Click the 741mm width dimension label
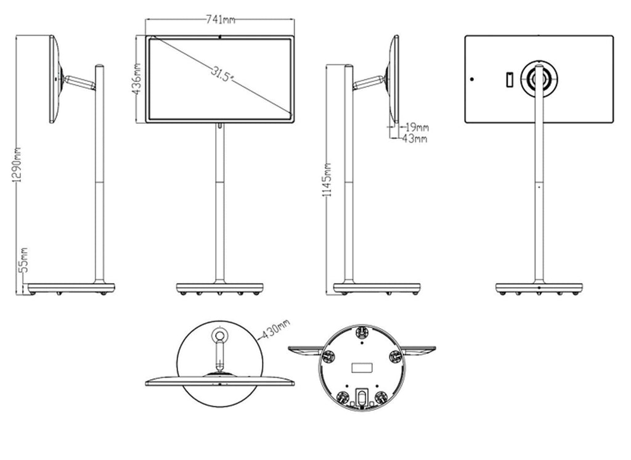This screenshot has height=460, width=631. point(220,19)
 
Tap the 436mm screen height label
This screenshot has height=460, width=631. point(136,78)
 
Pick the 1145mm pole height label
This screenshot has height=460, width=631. point(327,179)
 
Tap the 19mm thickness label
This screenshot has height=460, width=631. point(417,127)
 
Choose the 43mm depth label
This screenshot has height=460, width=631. point(415,139)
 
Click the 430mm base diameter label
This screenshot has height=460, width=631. point(276,329)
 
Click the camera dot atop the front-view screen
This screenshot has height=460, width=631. point(220,37)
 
